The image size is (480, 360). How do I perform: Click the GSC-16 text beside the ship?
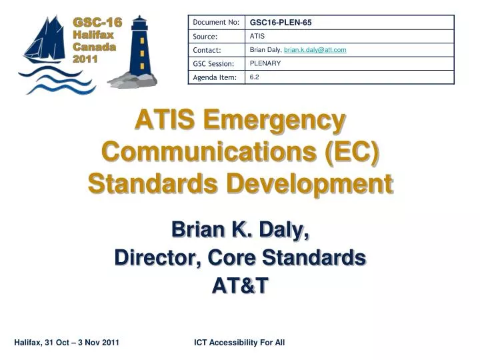(97, 23)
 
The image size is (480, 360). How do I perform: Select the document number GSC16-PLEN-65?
(281, 23)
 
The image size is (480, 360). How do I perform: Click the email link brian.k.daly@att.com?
(315, 50)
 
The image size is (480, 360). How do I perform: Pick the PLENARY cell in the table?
(265, 63)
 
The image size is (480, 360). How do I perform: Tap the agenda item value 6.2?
(254, 77)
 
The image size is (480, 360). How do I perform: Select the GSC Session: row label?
(213, 64)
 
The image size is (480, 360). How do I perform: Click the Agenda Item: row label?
(214, 78)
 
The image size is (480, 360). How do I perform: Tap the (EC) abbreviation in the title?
(352, 152)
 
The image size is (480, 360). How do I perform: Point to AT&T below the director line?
(240, 285)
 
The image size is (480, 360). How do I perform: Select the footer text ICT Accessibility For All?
(239, 343)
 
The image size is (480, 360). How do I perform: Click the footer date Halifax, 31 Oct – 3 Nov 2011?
(67, 343)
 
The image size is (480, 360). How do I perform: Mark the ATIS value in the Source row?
(257, 36)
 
